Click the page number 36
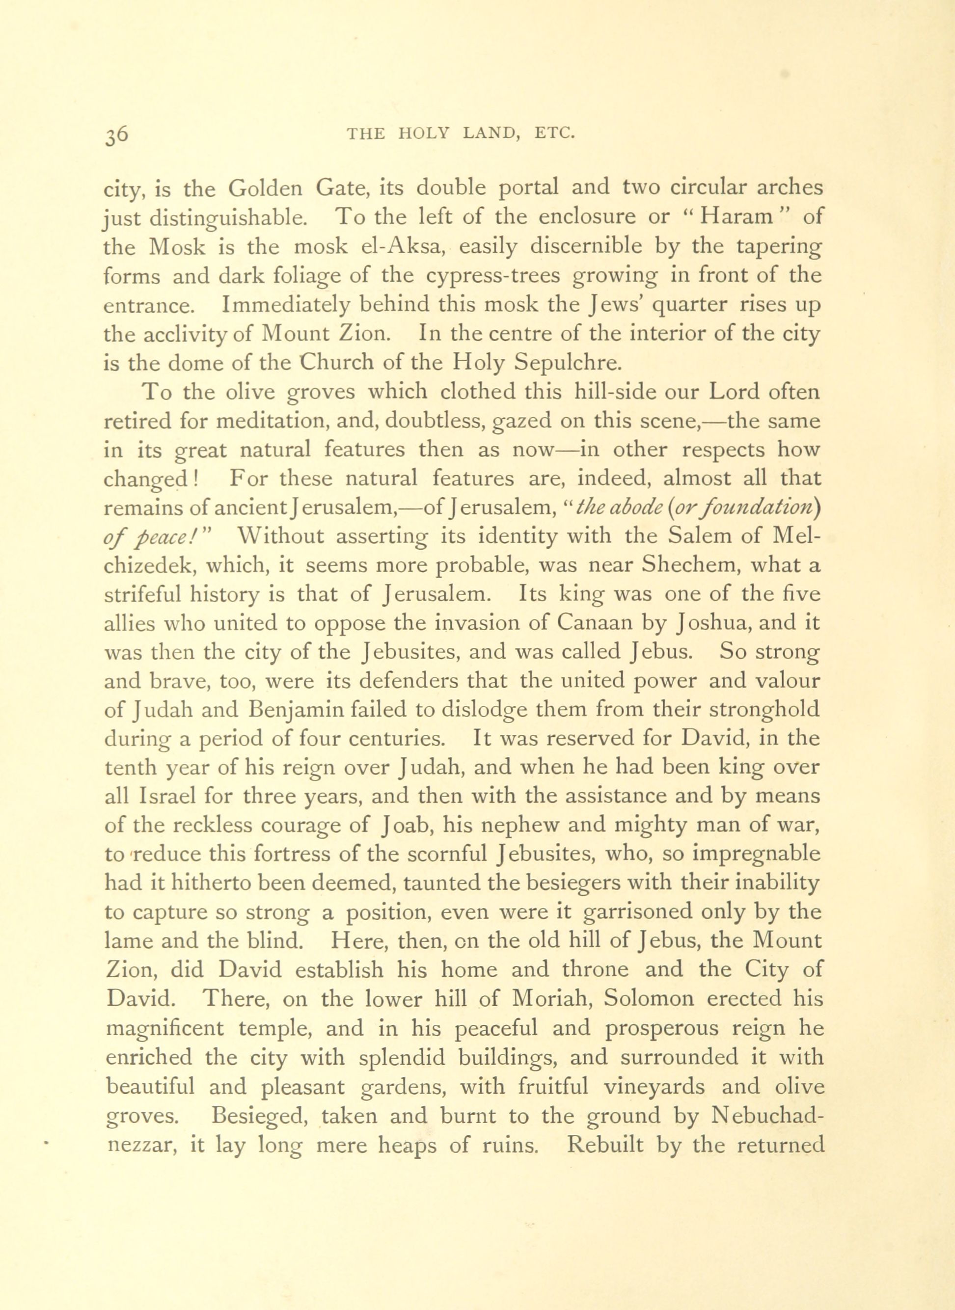[117, 134]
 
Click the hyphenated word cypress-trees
[492, 276]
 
